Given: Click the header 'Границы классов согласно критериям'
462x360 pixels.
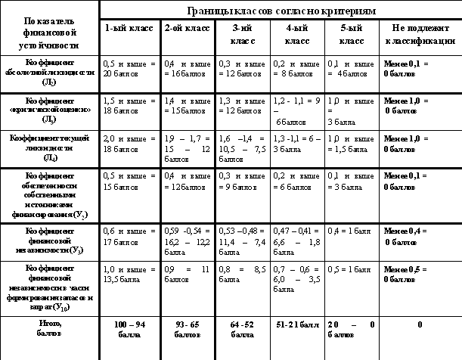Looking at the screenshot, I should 280,11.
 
